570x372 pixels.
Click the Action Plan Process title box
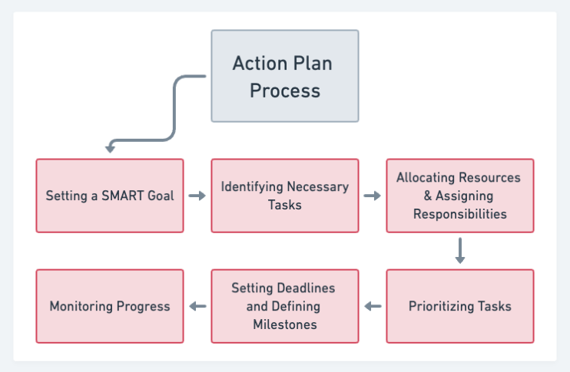(284, 76)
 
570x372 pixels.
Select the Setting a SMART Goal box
(110, 196)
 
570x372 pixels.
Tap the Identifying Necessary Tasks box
(285, 196)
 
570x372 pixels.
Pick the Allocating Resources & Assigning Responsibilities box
(459, 196)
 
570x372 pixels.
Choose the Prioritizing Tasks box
(459, 306)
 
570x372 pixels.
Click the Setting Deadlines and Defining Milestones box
(285, 306)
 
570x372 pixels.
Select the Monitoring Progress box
(110, 306)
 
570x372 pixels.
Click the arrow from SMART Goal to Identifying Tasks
(197, 196)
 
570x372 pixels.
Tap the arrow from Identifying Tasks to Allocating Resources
(373, 196)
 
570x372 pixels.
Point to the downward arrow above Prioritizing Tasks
(460, 251)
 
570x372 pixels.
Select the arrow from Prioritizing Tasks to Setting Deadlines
(373, 307)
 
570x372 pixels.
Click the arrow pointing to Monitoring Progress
(197, 307)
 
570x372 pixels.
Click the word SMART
(119, 196)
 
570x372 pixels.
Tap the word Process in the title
(285, 91)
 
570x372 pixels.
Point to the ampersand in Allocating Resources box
(428, 196)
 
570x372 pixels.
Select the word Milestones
(285, 324)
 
